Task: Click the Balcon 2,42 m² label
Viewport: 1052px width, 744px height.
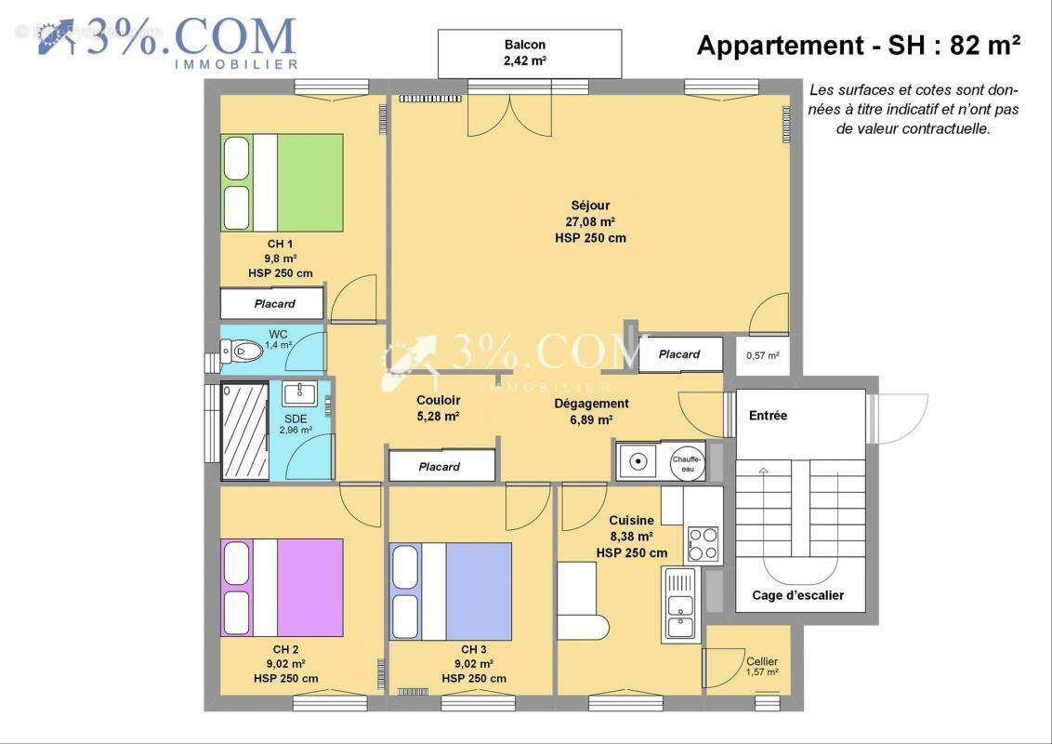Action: (x=525, y=53)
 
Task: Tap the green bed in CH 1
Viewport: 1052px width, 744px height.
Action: (x=282, y=183)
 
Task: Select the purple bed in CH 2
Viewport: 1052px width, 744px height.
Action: (x=282, y=587)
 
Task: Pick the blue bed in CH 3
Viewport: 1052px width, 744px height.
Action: (x=451, y=591)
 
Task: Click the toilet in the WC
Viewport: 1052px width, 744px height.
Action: (x=241, y=351)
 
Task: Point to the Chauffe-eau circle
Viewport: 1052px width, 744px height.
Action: (x=689, y=461)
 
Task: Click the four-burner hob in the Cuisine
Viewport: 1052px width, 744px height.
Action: (x=703, y=544)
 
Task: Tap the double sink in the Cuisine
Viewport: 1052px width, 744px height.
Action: (x=679, y=605)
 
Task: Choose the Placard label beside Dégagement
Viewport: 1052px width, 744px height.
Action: (x=679, y=354)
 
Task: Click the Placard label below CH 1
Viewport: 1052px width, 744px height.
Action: (x=274, y=303)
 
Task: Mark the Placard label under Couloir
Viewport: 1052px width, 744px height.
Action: (x=440, y=467)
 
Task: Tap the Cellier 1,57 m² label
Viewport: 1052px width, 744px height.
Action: (x=762, y=666)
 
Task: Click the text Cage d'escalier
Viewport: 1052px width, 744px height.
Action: (x=797, y=595)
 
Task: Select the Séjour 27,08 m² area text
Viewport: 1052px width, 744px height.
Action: (x=590, y=221)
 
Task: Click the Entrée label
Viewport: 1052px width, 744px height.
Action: (x=768, y=416)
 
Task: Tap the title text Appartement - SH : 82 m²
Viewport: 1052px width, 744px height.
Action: (x=860, y=45)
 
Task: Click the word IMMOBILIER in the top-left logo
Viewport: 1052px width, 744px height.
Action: (x=236, y=64)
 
